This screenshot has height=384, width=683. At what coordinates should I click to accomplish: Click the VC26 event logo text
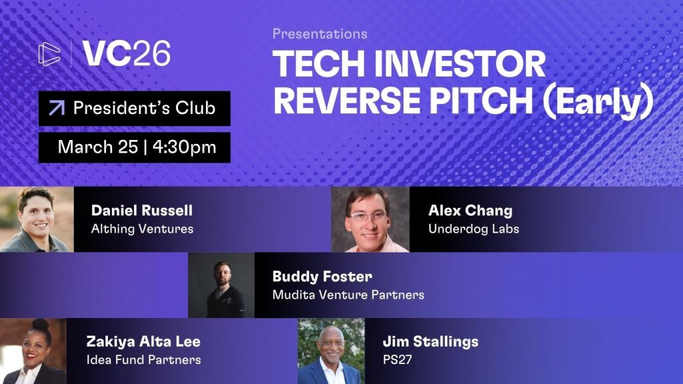[x=126, y=53]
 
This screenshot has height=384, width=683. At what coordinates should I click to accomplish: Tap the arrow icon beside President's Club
[x=57, y=108]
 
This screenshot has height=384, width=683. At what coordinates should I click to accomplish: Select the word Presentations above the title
[x=319, y=34]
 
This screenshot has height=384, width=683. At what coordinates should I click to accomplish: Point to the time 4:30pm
[x=184, y=147]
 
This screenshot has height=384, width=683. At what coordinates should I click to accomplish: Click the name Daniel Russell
[x=142, y=211]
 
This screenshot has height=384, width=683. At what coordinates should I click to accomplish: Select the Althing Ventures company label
[x=142, y=229]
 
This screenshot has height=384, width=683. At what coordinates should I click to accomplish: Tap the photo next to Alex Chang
[x=370, y=219]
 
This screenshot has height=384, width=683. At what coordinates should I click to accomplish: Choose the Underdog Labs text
[x=474, y=229]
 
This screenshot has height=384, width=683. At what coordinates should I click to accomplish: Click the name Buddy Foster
[x=322, y=277]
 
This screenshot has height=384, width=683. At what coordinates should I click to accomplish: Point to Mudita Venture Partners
[x=348, y=295]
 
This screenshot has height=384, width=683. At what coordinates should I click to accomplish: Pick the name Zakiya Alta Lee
[x=143, y=342]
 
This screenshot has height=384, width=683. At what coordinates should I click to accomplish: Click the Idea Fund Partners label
[x=143, y=360]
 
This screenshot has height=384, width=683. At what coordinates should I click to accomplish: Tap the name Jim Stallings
[x=430, y=342]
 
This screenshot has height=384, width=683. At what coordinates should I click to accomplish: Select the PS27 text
[x=398, y=360]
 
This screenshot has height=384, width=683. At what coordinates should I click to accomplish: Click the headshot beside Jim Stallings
[x=331, y=351]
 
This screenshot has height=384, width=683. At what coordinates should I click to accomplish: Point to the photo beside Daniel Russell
[x=37, y=219]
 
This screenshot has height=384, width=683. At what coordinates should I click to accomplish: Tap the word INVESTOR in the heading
[x=460, y=63]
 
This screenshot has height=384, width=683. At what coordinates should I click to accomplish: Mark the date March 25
[x=98, y=147]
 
